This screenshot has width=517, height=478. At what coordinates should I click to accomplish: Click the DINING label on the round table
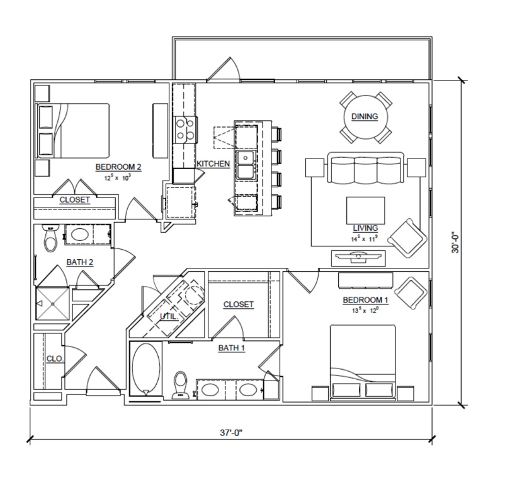(x=365, y=116)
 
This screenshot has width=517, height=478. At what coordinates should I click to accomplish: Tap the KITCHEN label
(x=213, y=164)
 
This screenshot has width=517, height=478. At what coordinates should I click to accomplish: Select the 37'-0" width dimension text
(x=231, y=433)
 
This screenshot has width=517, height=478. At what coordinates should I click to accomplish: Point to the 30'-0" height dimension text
(x=455, y=243)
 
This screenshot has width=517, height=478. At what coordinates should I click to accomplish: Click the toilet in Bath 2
(x=50, y=238)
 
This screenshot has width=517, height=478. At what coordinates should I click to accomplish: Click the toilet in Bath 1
(x=180, y=385)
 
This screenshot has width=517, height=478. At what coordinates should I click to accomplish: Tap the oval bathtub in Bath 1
(x=145, y=369)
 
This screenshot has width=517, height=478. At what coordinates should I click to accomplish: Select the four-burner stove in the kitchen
(x=185, y=130)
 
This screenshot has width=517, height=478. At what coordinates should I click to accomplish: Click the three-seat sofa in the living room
(x=365, y=168)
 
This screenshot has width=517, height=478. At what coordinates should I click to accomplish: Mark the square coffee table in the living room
(x=365, y=211)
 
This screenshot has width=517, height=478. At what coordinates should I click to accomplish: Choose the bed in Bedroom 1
(x=363, y=362)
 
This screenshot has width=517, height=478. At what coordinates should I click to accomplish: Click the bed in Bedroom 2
(x=72, y=130)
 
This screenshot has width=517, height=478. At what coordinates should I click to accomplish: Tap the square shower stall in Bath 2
(x=53, y=304)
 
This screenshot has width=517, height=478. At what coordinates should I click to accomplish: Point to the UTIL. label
(x=169, y=316)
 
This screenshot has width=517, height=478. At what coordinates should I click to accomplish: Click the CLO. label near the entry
(x=55, y=358)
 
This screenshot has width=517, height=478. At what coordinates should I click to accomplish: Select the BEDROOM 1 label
(x=365, y=300)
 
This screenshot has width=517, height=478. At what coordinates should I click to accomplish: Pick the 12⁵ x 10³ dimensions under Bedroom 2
(x=118, y=178)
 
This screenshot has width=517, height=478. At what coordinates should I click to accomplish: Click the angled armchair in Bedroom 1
(x=410, y=293)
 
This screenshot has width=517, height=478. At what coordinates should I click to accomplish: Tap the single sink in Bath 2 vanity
(x=80, y=235)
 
